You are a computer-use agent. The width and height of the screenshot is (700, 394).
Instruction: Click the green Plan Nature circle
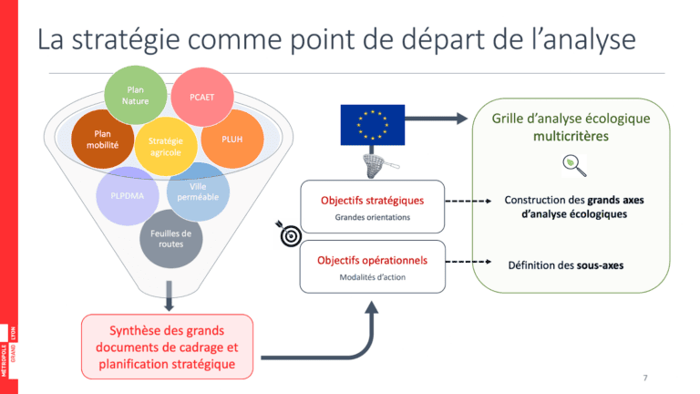click(x=137, y=96)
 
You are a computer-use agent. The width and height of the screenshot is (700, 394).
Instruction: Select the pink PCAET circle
click(x=201, y=97)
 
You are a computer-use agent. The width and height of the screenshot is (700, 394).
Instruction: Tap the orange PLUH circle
click(x=231, y=140)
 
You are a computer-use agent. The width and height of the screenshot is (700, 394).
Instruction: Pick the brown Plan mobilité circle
click(x=102, y=140)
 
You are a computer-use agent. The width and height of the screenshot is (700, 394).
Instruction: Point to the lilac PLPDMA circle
click(x=128, y=193)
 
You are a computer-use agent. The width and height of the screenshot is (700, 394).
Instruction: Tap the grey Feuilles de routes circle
click(x=170, y=239)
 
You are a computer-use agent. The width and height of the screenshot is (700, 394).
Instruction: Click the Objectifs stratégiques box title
click(x=372, y=200)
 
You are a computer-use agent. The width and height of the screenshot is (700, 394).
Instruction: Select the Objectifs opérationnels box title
click(x=372, y=260)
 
